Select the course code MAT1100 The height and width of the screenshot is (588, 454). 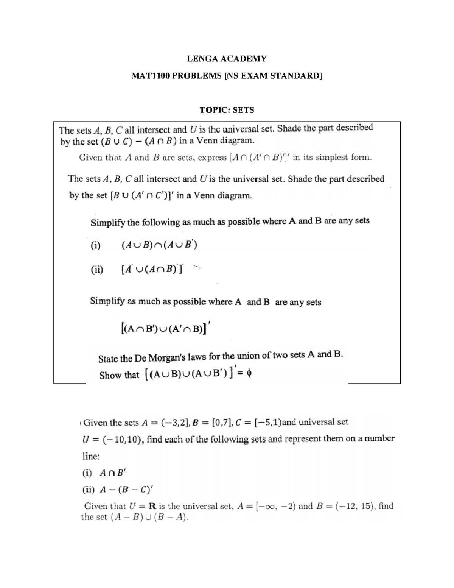click(x=149, y=76)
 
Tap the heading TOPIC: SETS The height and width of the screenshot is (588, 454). click(x=227, y=110)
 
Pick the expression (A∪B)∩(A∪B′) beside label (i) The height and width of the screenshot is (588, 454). click(x=159, y=245)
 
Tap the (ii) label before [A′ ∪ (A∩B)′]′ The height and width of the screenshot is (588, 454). click(x=96, y=270)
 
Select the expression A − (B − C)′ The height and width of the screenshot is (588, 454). click(x=126, y=490)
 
